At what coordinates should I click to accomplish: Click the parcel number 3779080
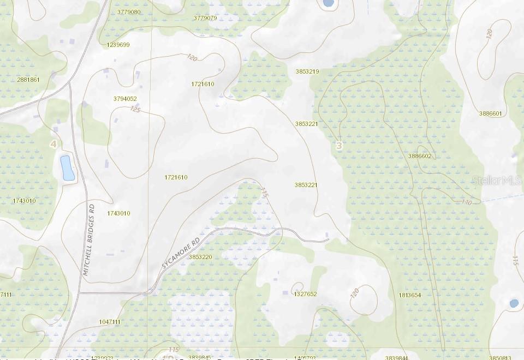coord(129,11)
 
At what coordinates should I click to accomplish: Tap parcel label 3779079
coord(205,18)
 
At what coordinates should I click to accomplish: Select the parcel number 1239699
coord(118,45)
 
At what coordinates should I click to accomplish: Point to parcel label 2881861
coord(28,80)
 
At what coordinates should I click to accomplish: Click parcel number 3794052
coord(125,99)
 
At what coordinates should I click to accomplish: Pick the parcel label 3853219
coord(307,71)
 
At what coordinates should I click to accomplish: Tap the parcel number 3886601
coord(490,113)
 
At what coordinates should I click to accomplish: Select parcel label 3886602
coord(420,156)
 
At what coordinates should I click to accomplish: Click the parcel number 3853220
coord(200,256)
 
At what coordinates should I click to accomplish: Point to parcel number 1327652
coord(305,294)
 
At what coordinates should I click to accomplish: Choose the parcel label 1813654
coord(410,295)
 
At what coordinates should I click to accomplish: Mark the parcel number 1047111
coord(110,322)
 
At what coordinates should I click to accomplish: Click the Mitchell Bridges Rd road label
coord(88,238)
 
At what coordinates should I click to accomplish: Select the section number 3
coord(339,146)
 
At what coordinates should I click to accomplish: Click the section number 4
coord(53,144)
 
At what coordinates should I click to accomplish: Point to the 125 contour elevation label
coord(135,110)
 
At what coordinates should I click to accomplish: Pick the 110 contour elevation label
coord(466,202)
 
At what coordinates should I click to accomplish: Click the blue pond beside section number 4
coord(67,167)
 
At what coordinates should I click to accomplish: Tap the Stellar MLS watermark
coord(497,180)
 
